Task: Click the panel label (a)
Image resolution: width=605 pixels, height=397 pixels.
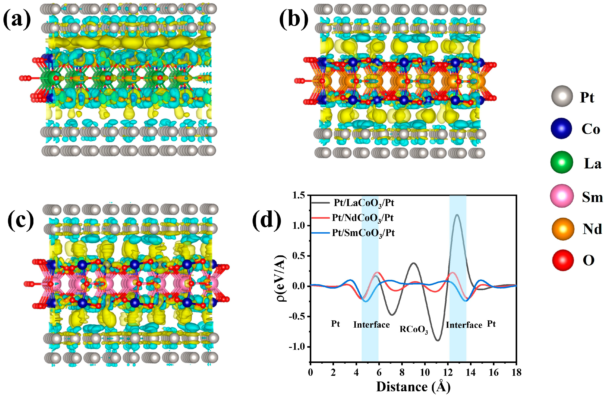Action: tap(17, 20)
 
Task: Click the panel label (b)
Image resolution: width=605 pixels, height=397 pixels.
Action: tap(294, 20)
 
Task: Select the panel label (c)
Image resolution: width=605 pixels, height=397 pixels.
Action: tap(21, 221)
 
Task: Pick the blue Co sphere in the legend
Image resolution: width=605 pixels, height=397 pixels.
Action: tap(561, 128)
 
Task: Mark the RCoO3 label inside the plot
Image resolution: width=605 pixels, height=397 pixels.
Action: tap(414, 330)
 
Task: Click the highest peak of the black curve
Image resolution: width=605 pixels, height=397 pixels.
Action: tap(457, 215)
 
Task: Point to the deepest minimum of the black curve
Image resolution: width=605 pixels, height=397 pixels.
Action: tap(438, 340)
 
